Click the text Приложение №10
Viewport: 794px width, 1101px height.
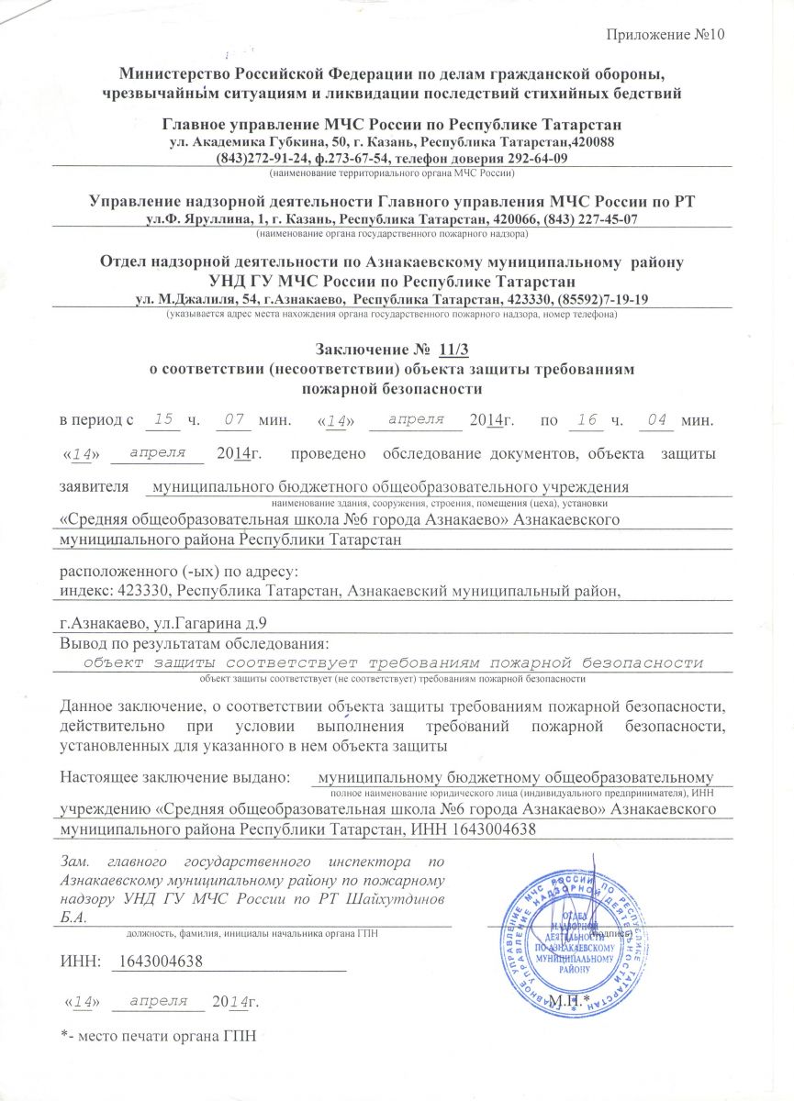(666, 35)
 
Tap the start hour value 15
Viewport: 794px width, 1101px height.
(164, 419)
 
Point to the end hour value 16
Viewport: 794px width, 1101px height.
(582, 419)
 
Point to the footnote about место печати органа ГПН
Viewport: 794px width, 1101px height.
(156, 1036)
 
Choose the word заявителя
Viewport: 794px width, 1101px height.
(94, 487)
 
